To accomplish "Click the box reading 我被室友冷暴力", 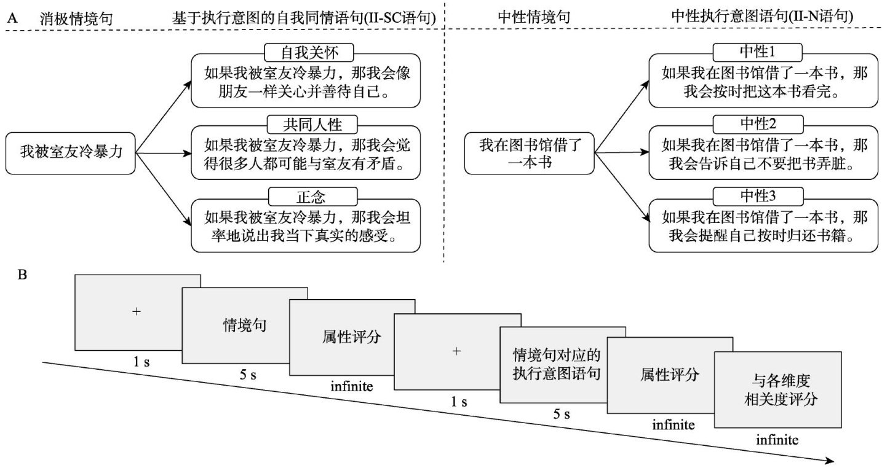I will coord(70,151).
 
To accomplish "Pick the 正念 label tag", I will coord(313,197).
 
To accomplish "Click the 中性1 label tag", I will coord(758,52).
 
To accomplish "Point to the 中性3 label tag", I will coord(758,197).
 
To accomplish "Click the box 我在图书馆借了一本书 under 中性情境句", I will coord(529,152).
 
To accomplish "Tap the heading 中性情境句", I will coord(534,18).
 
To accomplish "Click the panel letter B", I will coord(23,275).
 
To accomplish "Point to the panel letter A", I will coord(11,18).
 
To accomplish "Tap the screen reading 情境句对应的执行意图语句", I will coord(556,364).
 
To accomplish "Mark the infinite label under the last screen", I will coord(777,440).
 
